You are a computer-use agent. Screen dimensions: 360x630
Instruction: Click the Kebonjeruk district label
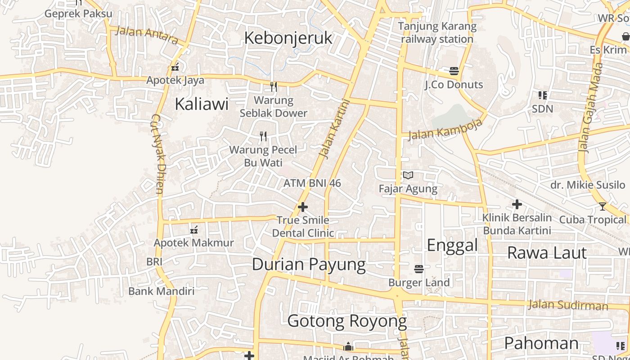tap(288, 38)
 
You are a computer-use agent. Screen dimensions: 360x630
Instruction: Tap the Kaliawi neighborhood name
tap(202, 104)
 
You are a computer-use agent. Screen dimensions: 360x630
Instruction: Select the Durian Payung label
tap(309, 264)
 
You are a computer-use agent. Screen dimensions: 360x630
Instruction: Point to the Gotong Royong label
tap(347, 321)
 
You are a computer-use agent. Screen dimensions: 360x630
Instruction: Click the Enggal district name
tap(452, 245)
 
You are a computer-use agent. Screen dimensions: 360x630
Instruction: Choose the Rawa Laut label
tap(547, 253)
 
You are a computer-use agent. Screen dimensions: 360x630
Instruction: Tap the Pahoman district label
tap(541, 343)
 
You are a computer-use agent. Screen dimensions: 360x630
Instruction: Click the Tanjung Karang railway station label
tap(437, 32)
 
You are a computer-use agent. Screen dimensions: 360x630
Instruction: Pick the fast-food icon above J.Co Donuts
tap(454, 71)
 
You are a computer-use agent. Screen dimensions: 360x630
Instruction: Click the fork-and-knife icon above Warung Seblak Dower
tap(273, 86)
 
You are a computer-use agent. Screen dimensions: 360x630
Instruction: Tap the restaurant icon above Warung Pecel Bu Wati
tap(263, 136)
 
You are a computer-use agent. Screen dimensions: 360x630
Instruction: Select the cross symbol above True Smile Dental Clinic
tap(303, 207)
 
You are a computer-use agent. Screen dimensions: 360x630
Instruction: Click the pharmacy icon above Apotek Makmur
tap(194, 230)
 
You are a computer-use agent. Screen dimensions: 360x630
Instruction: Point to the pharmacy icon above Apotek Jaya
tap(175, 67)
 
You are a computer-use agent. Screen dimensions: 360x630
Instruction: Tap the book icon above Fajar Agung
tap(408, 175)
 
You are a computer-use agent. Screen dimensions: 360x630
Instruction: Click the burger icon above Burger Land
tap(419, 269)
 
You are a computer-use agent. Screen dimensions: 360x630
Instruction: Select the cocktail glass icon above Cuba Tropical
tap(603, 207)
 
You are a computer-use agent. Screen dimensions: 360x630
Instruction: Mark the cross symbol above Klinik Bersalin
tap(517, 205)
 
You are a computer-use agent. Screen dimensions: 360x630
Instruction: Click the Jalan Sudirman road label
tap(568, 305)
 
